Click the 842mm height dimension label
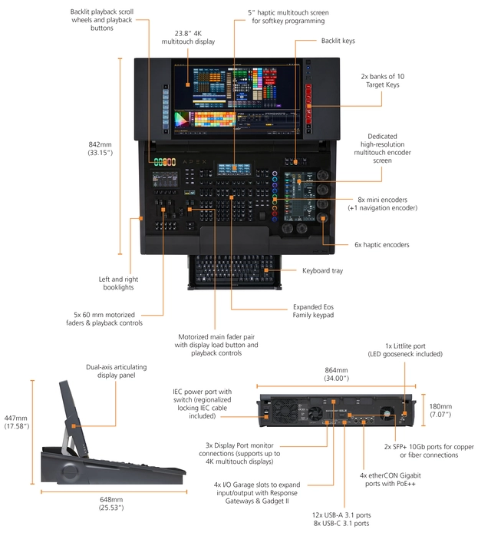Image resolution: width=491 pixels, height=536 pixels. point(100,147)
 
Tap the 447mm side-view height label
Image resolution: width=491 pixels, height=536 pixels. point(17,421)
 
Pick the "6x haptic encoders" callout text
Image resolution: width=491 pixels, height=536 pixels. point(381,244)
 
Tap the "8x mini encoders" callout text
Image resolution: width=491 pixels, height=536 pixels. point(381,203)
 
